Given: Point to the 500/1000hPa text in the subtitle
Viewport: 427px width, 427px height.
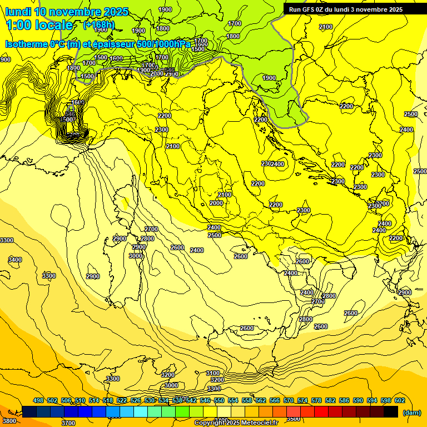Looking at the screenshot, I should click(x=165, y=44).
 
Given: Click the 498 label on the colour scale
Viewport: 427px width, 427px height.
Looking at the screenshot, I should click(x=38, y=400).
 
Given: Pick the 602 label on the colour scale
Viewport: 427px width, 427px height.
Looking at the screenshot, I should click(x=400, y=400).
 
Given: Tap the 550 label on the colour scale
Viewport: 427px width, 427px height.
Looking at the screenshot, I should click(x=219, y=400).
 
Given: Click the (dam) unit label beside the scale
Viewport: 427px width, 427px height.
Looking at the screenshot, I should click(x=411, y=412).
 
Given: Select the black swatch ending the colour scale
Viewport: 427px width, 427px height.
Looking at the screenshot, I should click(x=391, y=412).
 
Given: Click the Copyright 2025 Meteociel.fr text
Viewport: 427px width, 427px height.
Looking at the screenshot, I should click(x=236, y=423).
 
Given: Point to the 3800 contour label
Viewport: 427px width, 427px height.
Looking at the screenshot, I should click(x=9, y=421).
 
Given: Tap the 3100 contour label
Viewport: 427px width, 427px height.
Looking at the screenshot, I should click(x=212, y=373).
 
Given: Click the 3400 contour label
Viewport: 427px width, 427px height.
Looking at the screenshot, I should click(x=15, y=260).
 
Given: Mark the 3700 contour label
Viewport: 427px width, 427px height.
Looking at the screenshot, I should click(x=68, y=423).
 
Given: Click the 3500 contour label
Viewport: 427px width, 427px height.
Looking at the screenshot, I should click(x=293, y=419).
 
